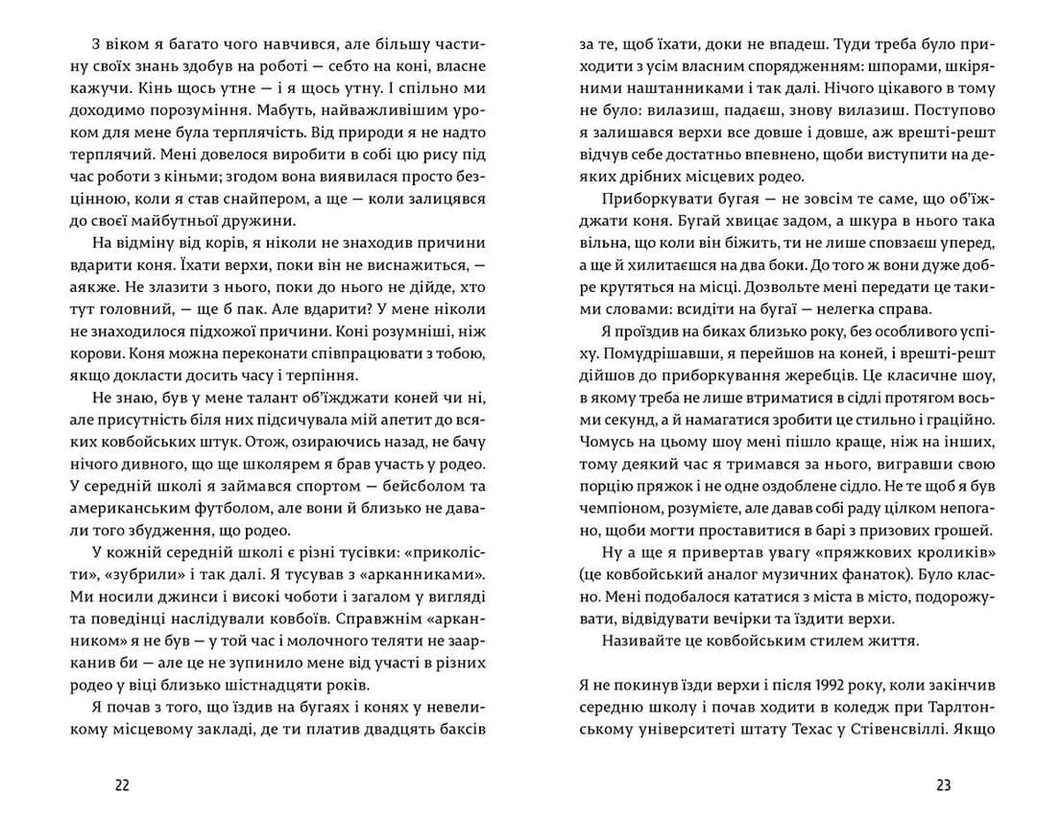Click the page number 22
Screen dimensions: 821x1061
(122, 785)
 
